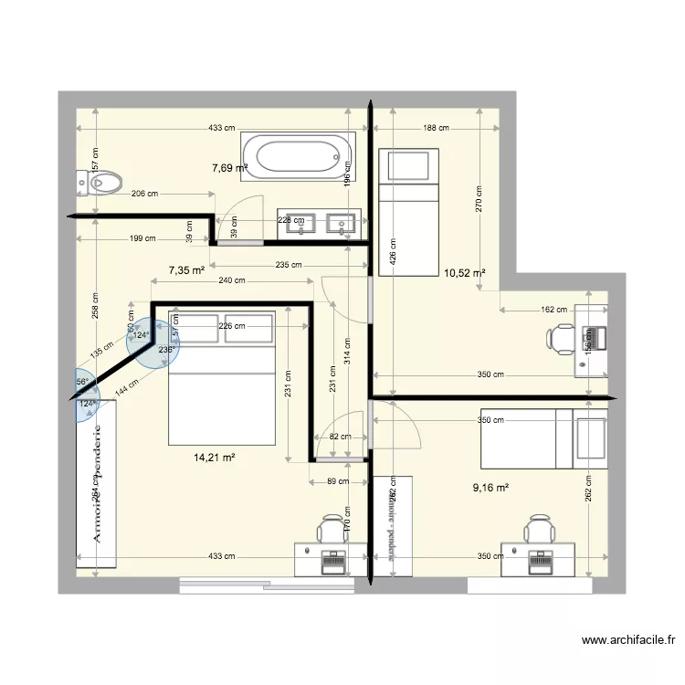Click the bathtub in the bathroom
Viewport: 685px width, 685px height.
click(298, 155)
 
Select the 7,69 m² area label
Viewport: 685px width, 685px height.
click(230, 168)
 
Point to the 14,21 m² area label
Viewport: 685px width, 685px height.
click(215, 458)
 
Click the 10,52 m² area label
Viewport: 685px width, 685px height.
click(464, 272)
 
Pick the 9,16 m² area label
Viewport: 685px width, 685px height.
click(490, 488)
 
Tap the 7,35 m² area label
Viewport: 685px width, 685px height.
click(185, 270)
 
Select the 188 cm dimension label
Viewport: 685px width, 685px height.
click(437, 128)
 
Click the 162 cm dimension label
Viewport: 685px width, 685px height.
click(554, 311)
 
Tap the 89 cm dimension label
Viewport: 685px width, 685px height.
click(339, 482)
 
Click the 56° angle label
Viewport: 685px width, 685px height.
click(81, 382)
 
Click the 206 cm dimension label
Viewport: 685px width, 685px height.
click(144, 194)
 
